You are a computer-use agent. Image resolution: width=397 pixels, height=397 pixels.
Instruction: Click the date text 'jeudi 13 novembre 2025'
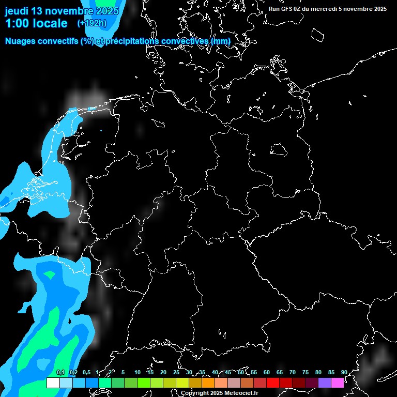click(x=62, y=11)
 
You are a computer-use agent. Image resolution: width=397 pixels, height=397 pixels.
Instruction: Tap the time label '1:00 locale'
click(x=36, y=23)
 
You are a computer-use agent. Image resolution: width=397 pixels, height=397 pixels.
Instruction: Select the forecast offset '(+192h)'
click(x=91, y=23)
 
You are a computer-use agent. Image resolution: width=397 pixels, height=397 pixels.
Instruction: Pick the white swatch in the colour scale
click(x=53, y=383)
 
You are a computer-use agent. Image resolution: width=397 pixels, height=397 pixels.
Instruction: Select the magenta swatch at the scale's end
click(x=338, y=383)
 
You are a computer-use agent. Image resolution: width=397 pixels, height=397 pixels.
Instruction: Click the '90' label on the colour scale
click(x=344, y=372)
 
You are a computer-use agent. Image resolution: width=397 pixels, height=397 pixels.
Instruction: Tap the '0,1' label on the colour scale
click(x=60, y=372)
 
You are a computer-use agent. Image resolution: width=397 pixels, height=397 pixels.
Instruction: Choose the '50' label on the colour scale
click(x=241, y=372)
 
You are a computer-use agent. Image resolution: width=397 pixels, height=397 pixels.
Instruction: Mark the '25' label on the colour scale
click(x=176, y=372)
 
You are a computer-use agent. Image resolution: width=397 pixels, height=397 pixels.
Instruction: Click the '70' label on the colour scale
click(x=293, y=372)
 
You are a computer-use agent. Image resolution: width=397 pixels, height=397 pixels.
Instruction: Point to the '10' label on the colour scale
click(x=138, y=372)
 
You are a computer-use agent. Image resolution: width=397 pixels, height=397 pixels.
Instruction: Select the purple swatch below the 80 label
click(x=325, y=383)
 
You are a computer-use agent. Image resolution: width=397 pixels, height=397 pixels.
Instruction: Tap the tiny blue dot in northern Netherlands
click(x=101, y=130)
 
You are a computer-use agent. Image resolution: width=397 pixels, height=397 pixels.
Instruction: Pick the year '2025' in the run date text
click(x=378, y=9)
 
